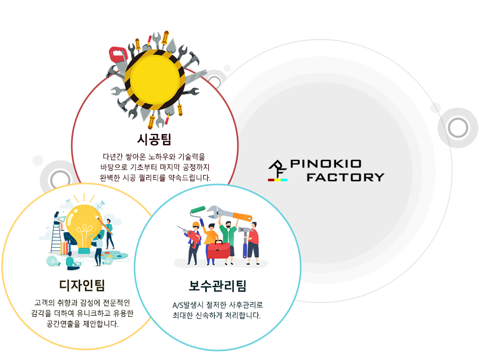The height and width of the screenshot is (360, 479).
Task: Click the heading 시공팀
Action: point(154,140)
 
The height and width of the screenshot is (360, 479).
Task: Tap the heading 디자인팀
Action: point(82,285)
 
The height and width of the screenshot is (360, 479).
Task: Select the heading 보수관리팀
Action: point(217,286)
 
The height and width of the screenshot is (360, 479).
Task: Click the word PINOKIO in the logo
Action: point(325,164)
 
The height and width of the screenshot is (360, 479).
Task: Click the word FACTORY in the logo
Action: point(346,177)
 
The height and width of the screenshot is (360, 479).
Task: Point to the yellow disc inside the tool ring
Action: point(155,80)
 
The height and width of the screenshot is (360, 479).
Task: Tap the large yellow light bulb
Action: point(84,228)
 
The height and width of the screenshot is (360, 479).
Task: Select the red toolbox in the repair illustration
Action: point(219,249)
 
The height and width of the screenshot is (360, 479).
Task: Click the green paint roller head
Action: point(198,210)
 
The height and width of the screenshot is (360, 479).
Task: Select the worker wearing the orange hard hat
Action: point(195,244)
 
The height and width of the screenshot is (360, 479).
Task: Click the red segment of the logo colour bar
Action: point(271,180)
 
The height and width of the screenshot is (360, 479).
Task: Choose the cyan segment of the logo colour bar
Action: point(284,180)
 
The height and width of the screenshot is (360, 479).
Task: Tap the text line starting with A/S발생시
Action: point(217,305)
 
